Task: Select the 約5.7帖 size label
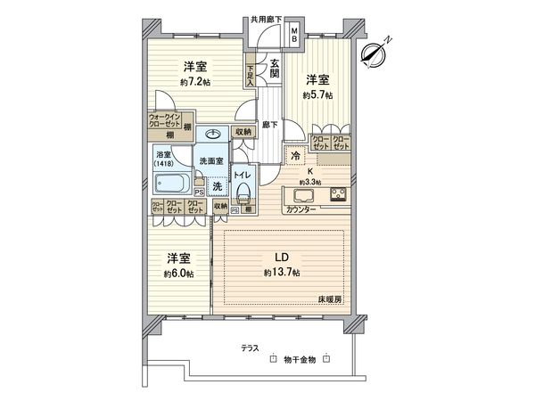click(317, 94)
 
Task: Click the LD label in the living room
click(280, 256)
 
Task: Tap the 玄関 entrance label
click(276, 68)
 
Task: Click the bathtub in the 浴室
click(172, 185)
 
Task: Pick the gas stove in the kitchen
click(341, 195)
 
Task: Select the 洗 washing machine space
click(217, 185)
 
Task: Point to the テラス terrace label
click(252, 349)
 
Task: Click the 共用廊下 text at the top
click(267, 18)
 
